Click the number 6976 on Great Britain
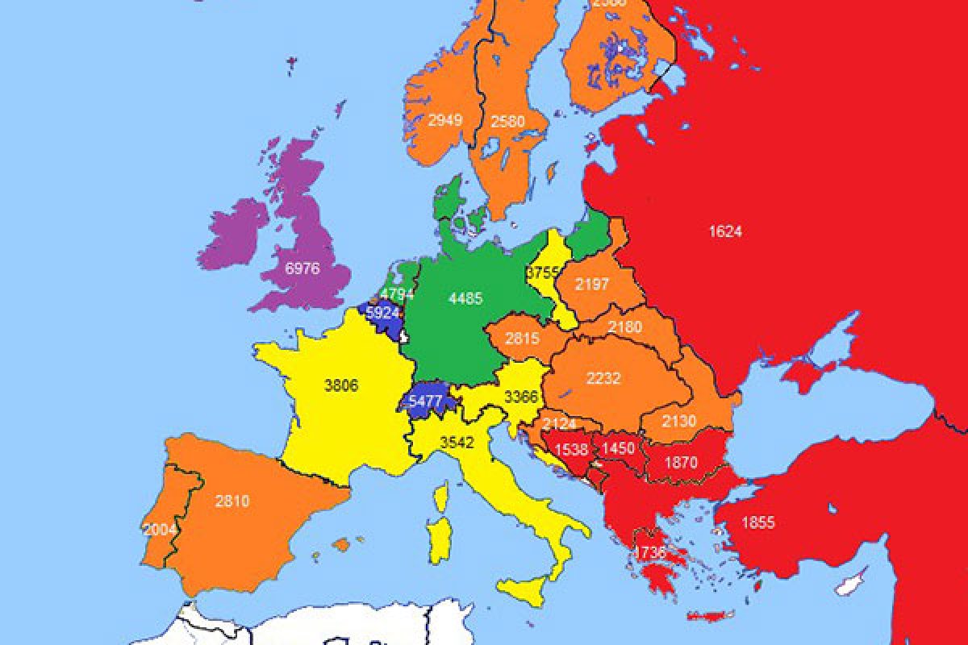[x=302, y=268]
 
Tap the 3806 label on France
[x=340, y=385]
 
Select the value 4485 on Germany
[x=465, y=298]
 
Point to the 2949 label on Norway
[x=445, y=121]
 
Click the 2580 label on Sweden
[x=508, y=122]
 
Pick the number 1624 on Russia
[x=724, y=231]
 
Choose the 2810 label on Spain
[x=232, y=501]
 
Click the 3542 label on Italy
[x=456, y=442]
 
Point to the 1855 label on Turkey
[x=758, y=522]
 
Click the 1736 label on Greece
[x=650, y=552]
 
